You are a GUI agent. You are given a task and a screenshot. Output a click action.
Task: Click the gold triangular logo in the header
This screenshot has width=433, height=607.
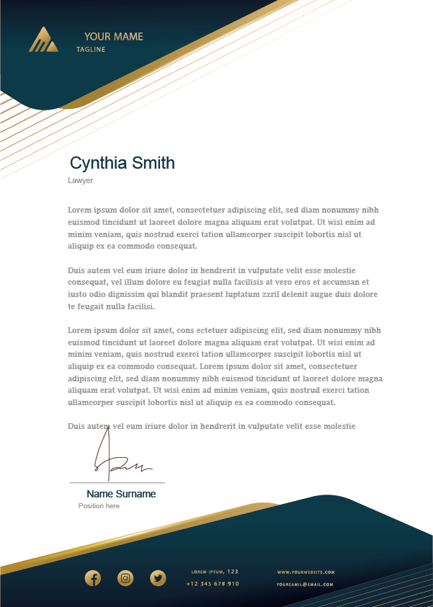pos(43,40)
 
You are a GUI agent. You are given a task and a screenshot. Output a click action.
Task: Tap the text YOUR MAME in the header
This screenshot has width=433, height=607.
pos(113,37)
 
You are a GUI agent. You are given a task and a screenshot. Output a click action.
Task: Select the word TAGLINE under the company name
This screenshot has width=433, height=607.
pos(91,50)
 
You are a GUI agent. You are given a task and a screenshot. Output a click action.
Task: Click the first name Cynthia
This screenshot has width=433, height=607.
pos(99,163)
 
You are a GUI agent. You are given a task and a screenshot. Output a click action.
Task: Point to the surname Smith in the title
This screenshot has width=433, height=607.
pos(153,163)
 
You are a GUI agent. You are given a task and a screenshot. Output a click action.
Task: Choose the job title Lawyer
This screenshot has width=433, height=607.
pos(80,181)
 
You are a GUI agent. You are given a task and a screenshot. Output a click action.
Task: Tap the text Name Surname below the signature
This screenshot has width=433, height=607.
pos(121,494)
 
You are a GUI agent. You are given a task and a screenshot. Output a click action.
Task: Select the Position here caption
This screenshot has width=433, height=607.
pos(99,506)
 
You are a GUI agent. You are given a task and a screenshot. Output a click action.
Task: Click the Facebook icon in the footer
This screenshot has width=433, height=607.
pos(93,578)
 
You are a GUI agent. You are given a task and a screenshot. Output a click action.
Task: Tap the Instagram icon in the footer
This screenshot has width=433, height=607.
pos(125,578)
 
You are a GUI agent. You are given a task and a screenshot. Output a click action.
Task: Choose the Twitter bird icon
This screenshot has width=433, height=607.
pos(158,578)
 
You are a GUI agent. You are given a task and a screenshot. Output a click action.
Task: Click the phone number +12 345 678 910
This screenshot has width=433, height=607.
pos(213,584)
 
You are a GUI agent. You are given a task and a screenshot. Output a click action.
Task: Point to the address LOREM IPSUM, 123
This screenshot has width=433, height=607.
pos(215,572)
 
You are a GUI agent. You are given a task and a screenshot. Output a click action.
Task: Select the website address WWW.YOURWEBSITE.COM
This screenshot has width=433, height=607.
pos(305,572)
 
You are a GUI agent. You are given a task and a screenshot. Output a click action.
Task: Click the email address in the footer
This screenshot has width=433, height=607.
pos(305,585)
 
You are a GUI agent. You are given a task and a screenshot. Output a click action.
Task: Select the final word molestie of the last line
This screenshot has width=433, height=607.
pos(339,426)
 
